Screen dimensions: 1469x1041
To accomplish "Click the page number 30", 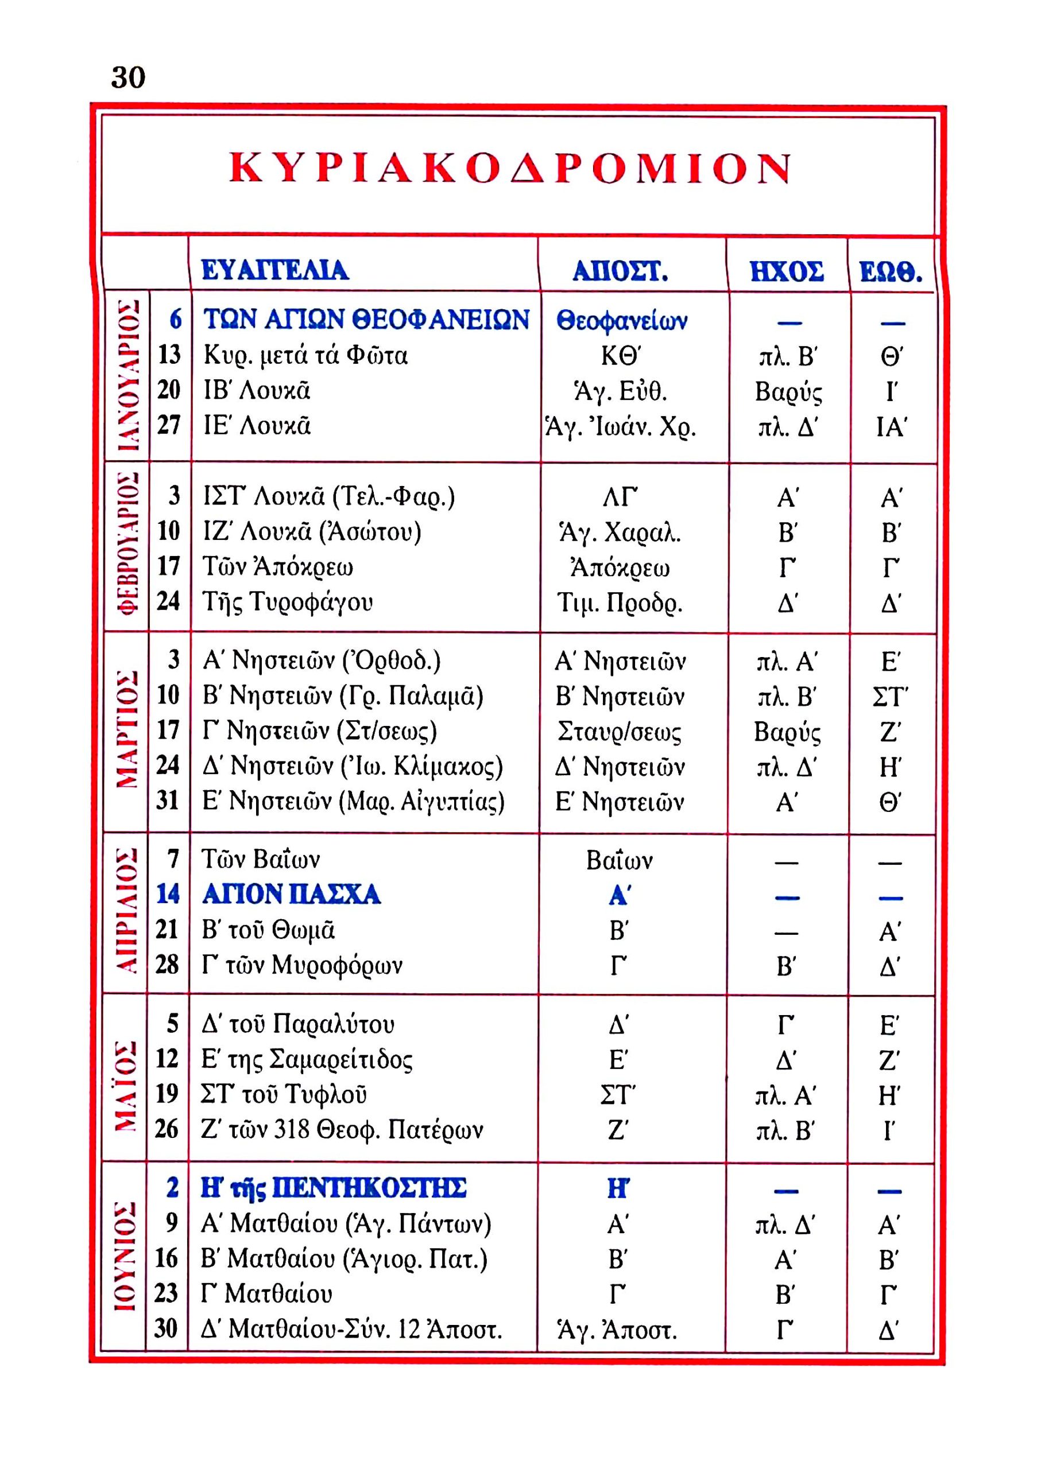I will click(128, 77).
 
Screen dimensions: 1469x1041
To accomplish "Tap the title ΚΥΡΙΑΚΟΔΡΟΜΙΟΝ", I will click(511, 169).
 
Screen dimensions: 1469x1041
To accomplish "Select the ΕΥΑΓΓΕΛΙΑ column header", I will click(274, 270).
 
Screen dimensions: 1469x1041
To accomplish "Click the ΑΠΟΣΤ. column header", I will click(620, 271).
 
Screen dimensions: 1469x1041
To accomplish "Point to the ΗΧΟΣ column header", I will click(787, 271).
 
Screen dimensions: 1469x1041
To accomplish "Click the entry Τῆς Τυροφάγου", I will click(287, 601).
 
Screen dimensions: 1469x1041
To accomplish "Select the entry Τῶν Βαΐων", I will click(260, 859).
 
